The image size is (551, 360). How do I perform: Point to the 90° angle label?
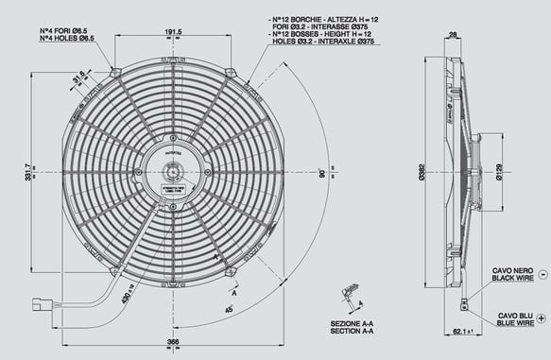tap(322, 175)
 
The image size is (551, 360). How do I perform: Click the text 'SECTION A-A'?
tap(353, 334)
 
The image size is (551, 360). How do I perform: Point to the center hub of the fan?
tap(173, 172)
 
